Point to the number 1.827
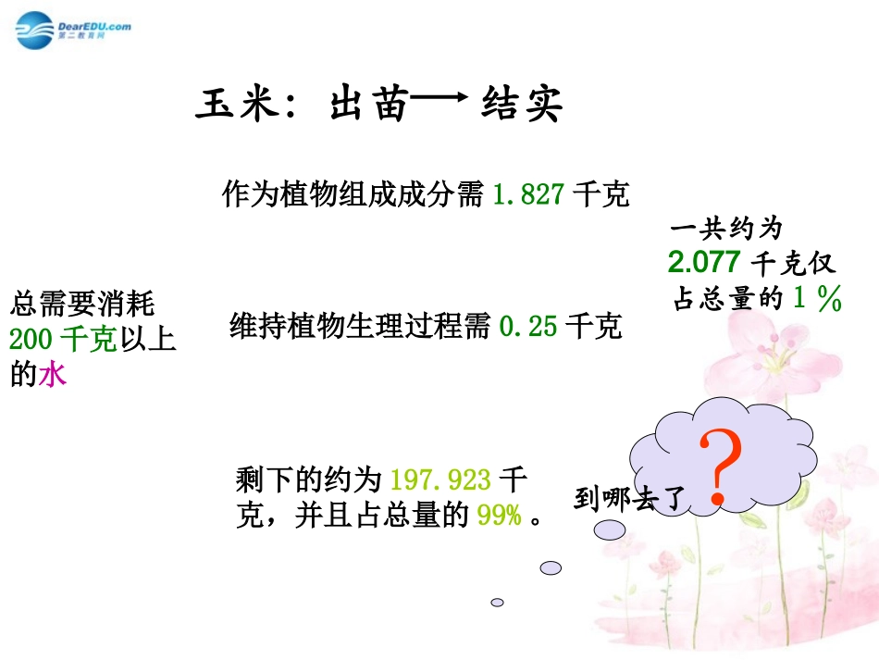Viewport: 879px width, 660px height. point(526,195)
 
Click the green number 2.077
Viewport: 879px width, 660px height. point(704,263)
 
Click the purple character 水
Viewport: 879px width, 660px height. point(52,376)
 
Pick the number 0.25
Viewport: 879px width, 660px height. point(528,327)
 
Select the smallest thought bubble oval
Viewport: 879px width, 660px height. point(497,602)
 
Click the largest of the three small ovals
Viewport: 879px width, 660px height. point(612,529)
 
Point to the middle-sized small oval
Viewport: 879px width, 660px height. point(551,567)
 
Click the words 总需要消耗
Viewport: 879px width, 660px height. point(83,304)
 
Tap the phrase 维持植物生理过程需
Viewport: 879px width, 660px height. point(359,327)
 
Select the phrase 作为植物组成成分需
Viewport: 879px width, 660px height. point(353,195)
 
